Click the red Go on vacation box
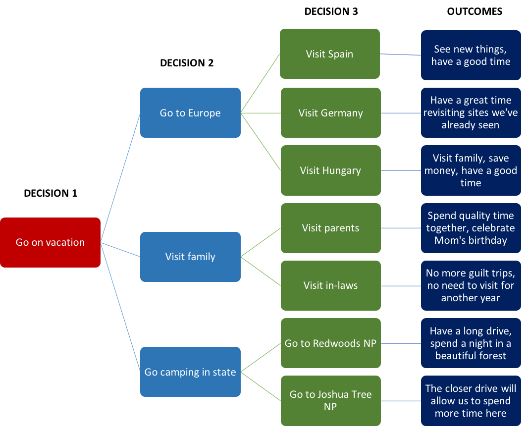click(x=50, y=242)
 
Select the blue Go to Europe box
click(x=190, y=113)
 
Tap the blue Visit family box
click(x=190, y=257)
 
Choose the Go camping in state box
click(x=190, y=372)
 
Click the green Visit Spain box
click(x=329, y=54)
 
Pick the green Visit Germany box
click(x=330, y=113)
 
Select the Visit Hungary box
click(x=330, y=170)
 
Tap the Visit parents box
click(x=330, y=228)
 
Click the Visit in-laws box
click(x=330, y=285)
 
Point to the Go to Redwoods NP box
click(x=330, y=343)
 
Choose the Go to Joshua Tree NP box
click(x=330, y=400)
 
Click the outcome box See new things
click(x=471, y=55)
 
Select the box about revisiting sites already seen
click(x=471, y=112)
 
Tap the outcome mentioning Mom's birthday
click(x=471, y=228)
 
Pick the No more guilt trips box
click(x=471, y=285)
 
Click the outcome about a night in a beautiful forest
click(x=471, y=343)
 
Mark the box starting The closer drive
click(x=471, y=400)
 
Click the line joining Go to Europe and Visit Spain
click(x=260, y=84)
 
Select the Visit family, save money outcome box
click(x=471, y=170)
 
